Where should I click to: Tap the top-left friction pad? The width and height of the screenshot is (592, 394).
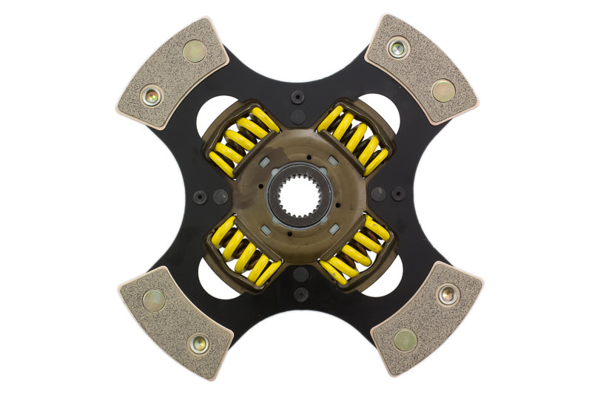172,72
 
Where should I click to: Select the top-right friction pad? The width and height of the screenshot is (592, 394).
421,68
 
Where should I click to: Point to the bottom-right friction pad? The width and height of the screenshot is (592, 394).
426,318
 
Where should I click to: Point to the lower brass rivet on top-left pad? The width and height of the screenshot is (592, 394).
152,95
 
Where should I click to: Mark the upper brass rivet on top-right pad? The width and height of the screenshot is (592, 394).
397,49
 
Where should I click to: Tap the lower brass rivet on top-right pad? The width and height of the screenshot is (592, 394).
443,90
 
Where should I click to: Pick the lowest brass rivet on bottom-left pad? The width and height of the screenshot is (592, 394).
198,343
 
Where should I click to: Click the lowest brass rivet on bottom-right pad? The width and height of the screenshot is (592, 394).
404,340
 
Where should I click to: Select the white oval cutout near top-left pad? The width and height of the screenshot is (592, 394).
215,118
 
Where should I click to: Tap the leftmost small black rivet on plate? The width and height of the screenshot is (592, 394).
199,197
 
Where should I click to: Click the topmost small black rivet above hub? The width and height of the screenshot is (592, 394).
298,97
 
